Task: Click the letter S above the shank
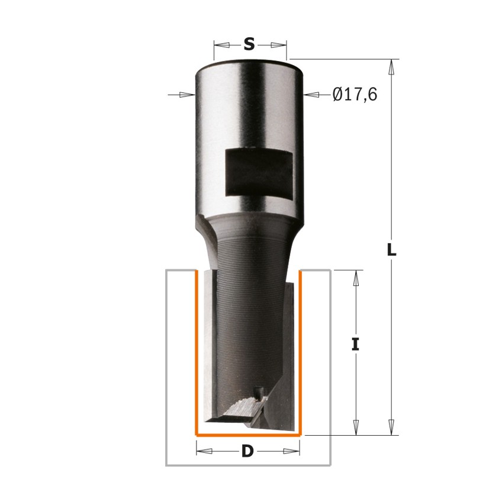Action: pos(249,44)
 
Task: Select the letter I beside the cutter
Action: pos(355,345)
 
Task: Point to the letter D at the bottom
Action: pos(247,452)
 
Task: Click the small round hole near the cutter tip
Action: pos(258,391)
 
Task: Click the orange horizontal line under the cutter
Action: pos(249,436)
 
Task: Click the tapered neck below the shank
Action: pos(249,243)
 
